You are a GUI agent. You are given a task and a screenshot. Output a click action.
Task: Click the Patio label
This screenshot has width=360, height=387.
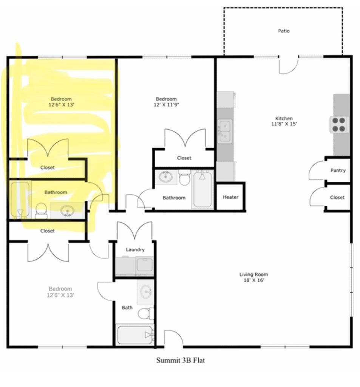[284, 31]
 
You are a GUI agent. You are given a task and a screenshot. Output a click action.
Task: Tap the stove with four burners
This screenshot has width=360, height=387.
[339, 125]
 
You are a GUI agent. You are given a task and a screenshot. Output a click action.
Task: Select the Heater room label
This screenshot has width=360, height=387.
[230, 197]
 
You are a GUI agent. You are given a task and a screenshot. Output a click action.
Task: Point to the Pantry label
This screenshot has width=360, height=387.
[338, 170]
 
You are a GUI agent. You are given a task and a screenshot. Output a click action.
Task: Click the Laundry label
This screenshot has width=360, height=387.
[135, 249]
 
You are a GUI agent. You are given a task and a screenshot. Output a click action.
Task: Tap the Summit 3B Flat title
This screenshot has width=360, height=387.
[181, 360]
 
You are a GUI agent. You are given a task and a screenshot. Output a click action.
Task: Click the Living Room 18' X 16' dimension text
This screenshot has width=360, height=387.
[254, 280]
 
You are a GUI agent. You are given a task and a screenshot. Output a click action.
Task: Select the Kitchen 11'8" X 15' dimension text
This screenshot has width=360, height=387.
[284, 124]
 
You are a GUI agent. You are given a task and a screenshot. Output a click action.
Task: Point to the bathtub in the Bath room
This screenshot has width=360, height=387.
[135, 335]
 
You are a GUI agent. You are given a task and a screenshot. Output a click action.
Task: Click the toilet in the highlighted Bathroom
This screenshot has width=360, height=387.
[41, 211]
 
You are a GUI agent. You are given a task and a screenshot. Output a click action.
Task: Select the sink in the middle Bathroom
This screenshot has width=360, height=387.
[165, 177]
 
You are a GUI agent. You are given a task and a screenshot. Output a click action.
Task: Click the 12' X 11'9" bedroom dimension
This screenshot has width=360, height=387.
[166, 105]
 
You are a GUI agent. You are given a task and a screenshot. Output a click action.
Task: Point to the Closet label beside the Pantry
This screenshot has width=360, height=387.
[337, 197]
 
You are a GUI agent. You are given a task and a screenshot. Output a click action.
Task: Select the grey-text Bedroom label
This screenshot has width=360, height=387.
[60, 289]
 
